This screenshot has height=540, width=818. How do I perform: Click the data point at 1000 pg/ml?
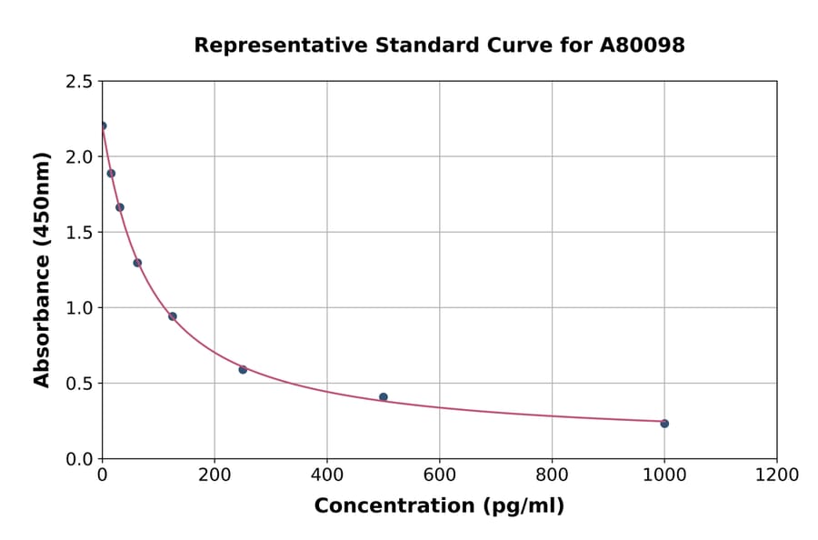point(664,424)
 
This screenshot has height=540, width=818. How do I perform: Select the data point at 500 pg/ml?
point(384,397)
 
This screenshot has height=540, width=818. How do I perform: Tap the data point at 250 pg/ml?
point(243,369)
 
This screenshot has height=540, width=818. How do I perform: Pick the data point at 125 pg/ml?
point(173,316)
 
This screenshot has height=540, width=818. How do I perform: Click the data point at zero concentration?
point(103,126)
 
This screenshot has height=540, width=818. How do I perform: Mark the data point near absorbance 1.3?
point(137,263)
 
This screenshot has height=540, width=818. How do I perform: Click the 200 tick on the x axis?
point(214,475)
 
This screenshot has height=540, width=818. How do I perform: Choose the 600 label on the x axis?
point(439,475)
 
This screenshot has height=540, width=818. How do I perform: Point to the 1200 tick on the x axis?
point(777,475)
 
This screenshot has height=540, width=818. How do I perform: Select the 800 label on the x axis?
point(552,475)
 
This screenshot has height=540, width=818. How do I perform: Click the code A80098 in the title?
point(643,45)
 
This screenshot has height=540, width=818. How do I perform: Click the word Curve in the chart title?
point(514,45)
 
